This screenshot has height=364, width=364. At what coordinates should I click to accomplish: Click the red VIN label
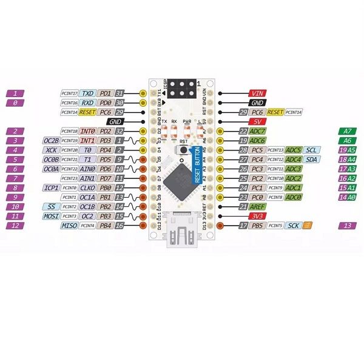(x=257, y=93)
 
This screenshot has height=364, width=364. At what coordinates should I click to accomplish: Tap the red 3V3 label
(x=257, y=216)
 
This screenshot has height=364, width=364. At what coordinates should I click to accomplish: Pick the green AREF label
(x=258, y=207)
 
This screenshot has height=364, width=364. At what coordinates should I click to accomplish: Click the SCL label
(x=312, y=150)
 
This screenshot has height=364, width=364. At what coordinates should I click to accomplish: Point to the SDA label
(x=312, y=160)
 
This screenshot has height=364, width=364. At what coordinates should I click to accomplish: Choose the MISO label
(x=70, y=226)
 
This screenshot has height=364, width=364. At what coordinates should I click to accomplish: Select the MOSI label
(x=50, y=216)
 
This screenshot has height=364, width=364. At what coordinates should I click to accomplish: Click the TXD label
(x=89, y=93)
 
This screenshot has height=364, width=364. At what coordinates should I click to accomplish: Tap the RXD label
(x=89, y=103)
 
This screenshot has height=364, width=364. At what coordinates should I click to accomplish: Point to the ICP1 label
(x=50, y=188)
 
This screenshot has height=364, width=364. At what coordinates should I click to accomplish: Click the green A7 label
(x=347, y=131)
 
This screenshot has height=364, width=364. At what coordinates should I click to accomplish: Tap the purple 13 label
(x=347, y=226)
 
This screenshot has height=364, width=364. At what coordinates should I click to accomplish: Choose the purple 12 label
(x=16, y=226)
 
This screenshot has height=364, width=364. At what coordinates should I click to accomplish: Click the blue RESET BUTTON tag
(x=196, y=165)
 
